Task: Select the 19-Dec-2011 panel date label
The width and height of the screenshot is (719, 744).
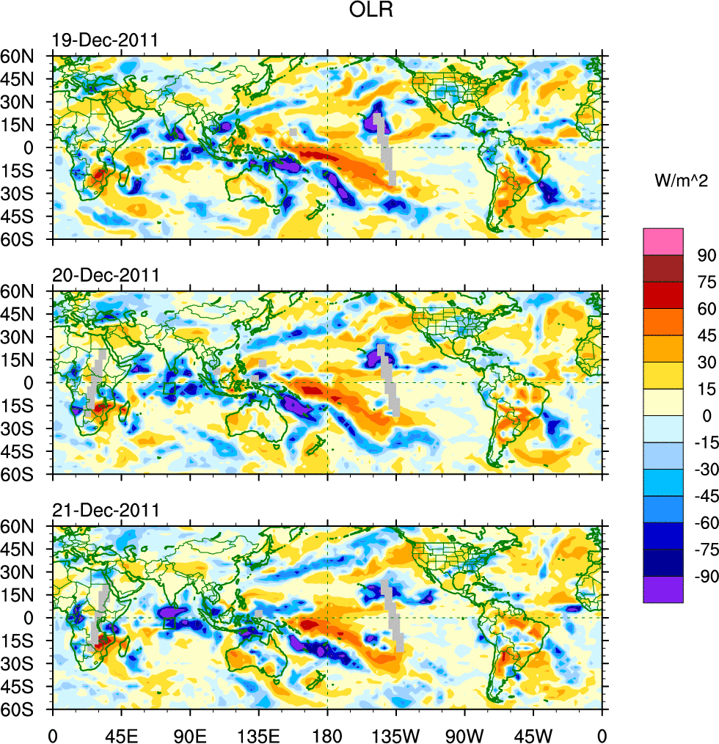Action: (x=105, y=40)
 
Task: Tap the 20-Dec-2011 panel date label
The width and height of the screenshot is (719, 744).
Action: (x=105, y=276)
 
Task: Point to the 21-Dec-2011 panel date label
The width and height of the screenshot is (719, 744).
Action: (x=105, y=511)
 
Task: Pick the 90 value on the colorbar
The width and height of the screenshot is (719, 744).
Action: (x=707, y=255)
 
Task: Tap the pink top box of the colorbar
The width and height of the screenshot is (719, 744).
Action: (x=663, y=241)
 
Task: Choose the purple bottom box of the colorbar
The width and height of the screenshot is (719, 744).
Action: (x=663, y=589)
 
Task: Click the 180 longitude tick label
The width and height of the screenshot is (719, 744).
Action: (x=327, y=733)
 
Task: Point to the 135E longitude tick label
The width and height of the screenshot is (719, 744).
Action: (x=259, y=733)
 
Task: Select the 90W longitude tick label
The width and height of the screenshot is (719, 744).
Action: (x=464, y=733)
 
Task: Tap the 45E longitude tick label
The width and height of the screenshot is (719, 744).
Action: (x=121, y=733)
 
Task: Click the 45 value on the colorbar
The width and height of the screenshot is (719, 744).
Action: (x=707, y=335)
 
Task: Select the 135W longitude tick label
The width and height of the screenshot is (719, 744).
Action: (x=396, y=733)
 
